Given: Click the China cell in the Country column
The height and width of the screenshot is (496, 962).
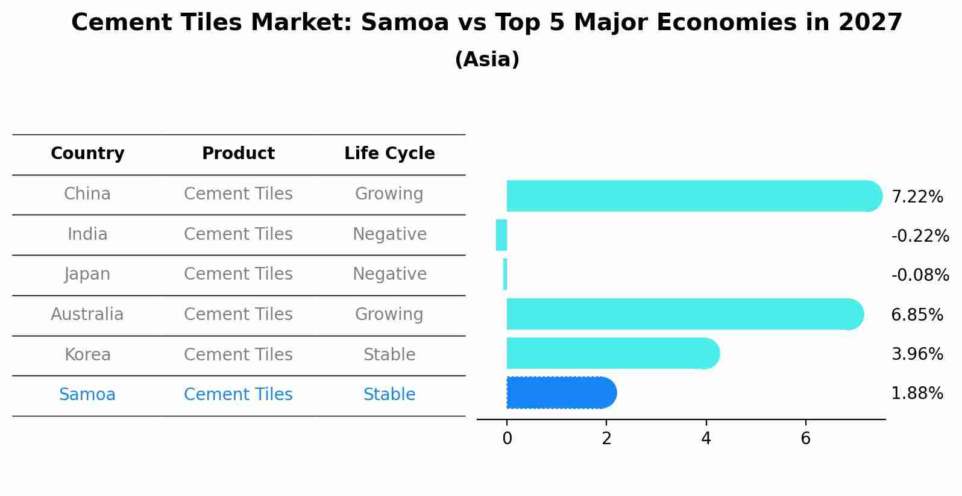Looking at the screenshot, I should (87, 194).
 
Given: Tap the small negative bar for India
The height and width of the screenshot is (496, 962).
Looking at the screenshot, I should (501, 235).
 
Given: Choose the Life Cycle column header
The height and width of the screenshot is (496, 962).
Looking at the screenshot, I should (389, 154).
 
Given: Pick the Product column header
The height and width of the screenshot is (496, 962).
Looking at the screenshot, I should (238, 154).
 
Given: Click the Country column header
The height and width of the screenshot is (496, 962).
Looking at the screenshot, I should (87, 154).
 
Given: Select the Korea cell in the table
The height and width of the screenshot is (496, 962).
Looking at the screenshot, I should (87, 355).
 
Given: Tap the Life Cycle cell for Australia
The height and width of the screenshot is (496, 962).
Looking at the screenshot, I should (389, 315).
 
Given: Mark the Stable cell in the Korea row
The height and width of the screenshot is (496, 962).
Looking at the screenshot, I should (389, 355).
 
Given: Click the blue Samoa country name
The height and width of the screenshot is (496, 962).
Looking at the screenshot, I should (87, 395).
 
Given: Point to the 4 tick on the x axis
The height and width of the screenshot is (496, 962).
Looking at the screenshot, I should (706, 439).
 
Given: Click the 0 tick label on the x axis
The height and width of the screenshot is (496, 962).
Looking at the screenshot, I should (507, 439).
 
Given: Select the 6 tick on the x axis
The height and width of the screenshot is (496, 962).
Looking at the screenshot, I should (805, 439).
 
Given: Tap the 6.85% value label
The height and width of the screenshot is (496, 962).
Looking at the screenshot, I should (917, 315).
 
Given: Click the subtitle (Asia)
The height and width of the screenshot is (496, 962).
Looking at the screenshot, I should (487, 60).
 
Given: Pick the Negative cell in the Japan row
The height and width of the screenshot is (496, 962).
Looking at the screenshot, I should (389, 274).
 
